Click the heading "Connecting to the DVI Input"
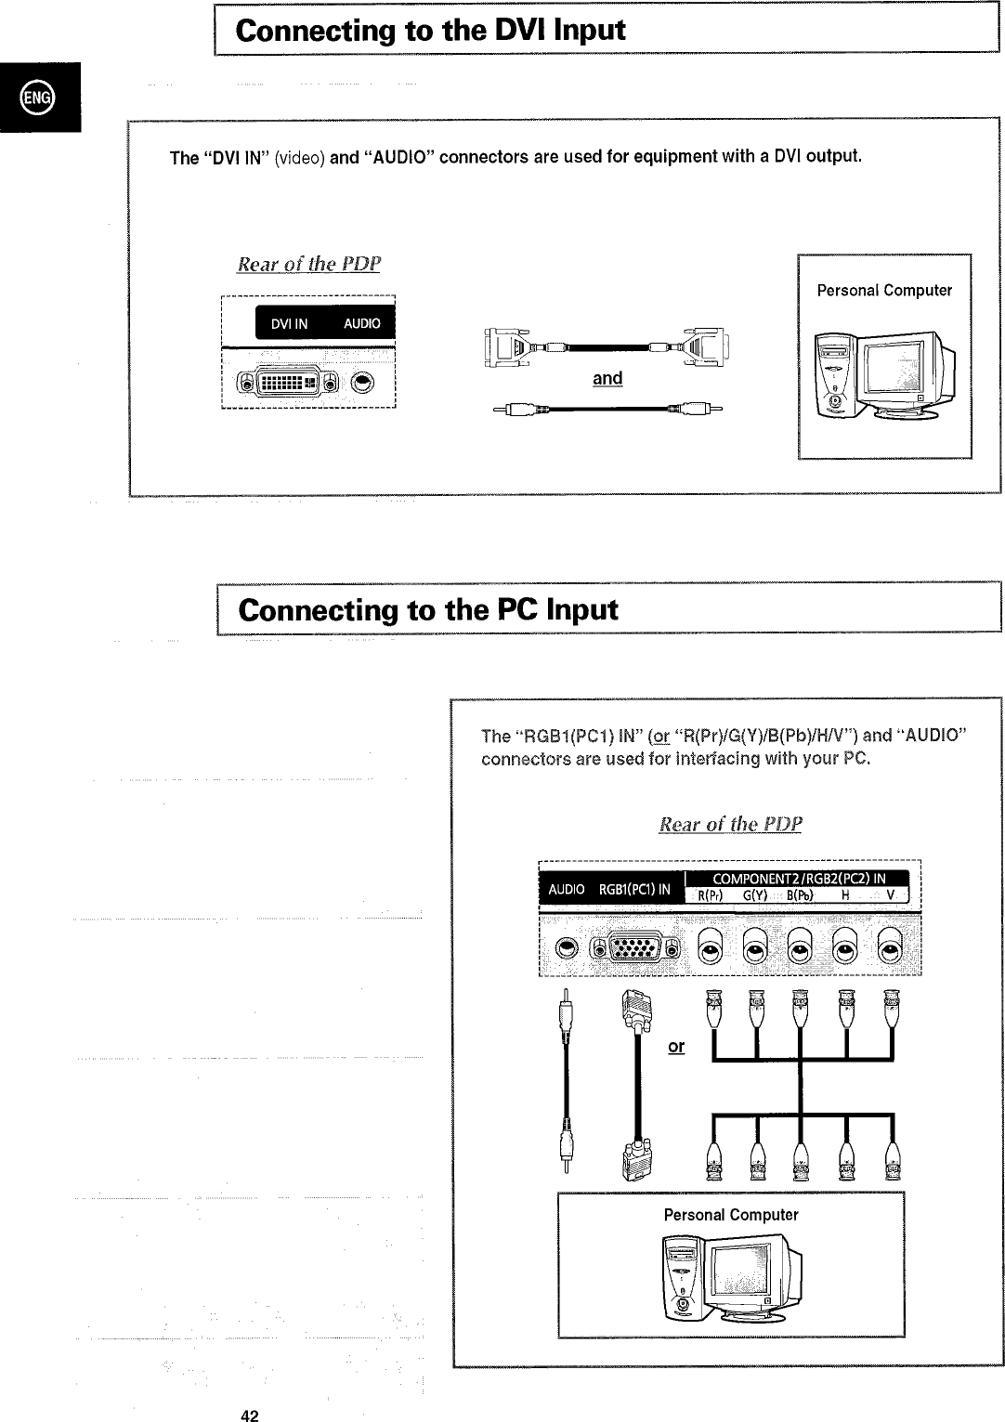pos(430,31)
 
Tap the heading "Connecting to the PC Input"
pos(427,610)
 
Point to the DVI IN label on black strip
pos(289,323)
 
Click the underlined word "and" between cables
pos(607,378)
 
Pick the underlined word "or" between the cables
pos(676,1046)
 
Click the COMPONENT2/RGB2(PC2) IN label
pos(798,879)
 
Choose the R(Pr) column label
pos(711,896)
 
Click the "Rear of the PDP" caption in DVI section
pos(309,264)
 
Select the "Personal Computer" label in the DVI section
pos(884,291)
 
